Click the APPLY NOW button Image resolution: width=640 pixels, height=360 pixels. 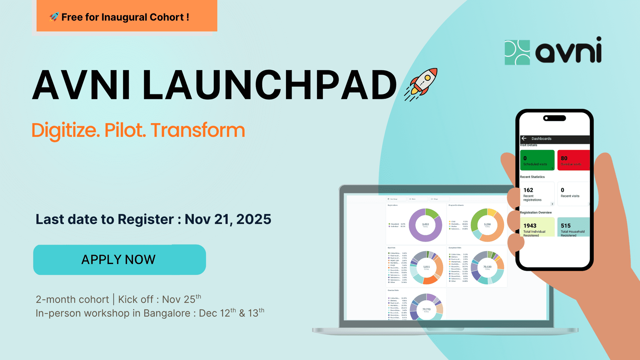click(x=119, y=260)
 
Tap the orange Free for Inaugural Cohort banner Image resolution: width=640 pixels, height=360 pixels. click(x=127, y=16)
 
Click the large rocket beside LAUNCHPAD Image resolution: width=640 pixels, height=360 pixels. click(x=422, y=84)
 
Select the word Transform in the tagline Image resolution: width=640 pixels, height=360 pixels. click(x=197, y=130)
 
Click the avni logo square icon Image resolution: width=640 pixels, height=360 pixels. click(x=517, y=52)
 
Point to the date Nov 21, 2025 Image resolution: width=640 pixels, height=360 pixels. click(x=228, y=219)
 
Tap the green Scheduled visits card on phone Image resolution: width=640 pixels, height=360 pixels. click(x=537, y=160)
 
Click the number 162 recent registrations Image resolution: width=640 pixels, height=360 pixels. click(x=528, y=190)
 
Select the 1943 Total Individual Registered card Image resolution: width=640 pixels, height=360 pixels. click(x=537, y=227)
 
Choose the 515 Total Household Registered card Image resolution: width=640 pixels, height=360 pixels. click(x=573, y=227)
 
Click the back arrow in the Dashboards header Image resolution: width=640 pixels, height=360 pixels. click(x=524, y=138)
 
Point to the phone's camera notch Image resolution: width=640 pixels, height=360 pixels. click(x=554, y=118)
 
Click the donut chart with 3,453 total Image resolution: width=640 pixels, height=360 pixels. click(x=425, y=225)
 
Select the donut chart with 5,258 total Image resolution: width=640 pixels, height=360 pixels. click(x=487, y=225)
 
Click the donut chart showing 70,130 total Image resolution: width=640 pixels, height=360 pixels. click(x=487, y=267)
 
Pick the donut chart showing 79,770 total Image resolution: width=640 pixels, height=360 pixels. click(x=426, y=308)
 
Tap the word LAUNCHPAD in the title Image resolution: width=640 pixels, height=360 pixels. click(x=269, y=85)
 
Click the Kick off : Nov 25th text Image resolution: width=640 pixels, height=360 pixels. click(x=159, y=299)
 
